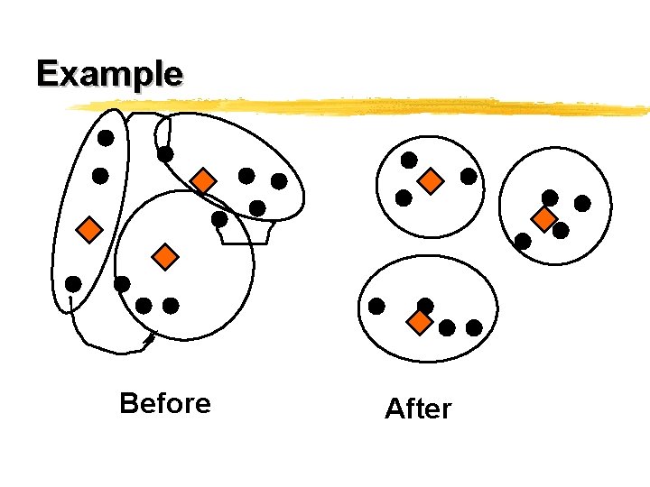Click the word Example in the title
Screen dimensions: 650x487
(109, 72)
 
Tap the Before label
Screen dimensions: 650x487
(164, 403)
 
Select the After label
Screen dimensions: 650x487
(417, 409)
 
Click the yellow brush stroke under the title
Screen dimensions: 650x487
(361, 107)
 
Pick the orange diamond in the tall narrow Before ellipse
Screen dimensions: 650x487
(88, 230)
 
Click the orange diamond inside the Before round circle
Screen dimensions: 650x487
(165, 257)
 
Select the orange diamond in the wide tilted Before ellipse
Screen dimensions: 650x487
(204, 181)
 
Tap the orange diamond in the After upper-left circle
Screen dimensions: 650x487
(432, 181)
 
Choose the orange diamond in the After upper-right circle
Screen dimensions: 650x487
(543, 218)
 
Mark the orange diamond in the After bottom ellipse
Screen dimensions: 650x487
(419, 322)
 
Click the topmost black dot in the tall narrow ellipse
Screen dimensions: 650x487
(106, 138)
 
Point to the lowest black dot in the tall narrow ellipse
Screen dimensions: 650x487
(73, 284)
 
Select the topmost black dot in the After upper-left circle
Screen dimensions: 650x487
(409, 160)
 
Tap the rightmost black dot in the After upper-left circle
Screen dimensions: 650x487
(469, 177)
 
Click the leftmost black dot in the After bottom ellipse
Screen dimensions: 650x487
(376, 306)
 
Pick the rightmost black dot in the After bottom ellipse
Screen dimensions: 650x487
(474, 327)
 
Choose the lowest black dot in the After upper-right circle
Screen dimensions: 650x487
(523, 241)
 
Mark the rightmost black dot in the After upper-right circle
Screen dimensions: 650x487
(582, 204)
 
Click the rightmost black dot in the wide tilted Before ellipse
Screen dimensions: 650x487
(279, 181)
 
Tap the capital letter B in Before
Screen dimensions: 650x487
(127, 403)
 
